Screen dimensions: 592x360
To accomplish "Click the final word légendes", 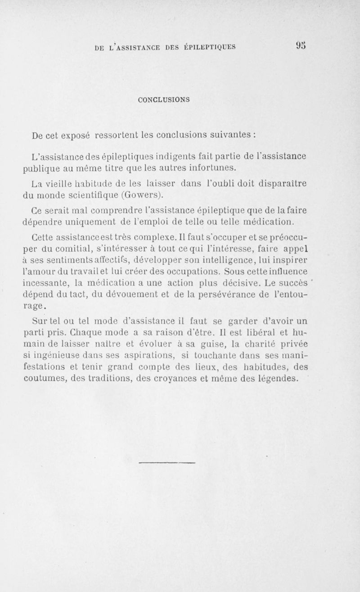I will [275, 379].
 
